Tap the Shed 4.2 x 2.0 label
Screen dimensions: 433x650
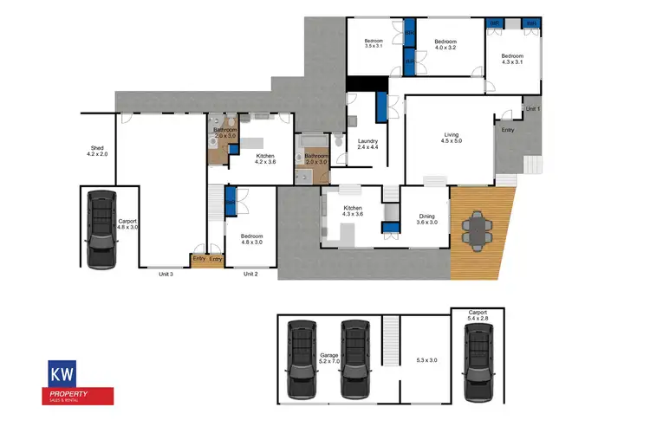(x=98, y=151)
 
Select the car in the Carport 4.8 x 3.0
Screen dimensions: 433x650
(x=102, y=228)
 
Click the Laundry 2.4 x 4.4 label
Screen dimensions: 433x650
(x=368, y=145)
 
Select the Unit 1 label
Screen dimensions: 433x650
(x=532, y=108)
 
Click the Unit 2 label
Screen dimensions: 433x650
(x=250, y=274)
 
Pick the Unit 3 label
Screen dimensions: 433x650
(x=166, y=274)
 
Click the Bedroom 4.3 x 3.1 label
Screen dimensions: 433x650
(x=511, y=59)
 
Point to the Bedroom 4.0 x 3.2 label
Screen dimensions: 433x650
(x=445, y=45)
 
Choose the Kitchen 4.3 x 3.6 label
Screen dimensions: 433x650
(x=353, y=212)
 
